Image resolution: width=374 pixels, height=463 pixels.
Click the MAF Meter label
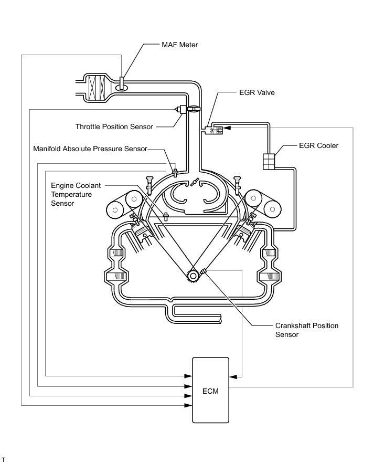(x=179, y=45)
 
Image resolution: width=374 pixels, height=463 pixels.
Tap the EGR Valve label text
(x=257, y=92)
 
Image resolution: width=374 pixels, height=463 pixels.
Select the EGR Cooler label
(x=318, y=145)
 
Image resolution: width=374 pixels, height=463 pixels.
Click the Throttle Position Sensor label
(x=114, y=127)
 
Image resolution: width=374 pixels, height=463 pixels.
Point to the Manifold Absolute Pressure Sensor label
(x=90, y=149)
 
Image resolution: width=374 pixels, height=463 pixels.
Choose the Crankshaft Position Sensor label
(x=307, y=330)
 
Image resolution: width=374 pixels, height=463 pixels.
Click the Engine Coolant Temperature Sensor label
(x=76, y=194)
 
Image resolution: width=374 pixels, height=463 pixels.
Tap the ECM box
(x=210, y=390)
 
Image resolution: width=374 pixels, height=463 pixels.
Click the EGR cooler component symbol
(x=269, y=162)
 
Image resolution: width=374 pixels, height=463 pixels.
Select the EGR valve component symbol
(x=215, y=130)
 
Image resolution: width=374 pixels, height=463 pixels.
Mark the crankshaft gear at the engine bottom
(x=193, y=276)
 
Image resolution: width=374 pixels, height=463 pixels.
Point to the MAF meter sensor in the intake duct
(x=122, y=85)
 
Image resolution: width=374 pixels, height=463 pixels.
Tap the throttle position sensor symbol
(x=180, y=109)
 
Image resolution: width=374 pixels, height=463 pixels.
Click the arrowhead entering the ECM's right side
(x=233, y=377)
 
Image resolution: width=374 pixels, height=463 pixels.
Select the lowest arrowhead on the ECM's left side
(x=188, y=405)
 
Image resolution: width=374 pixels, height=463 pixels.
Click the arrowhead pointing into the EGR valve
(x=227, y=128)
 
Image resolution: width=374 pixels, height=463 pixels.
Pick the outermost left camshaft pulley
(x=115, y=210)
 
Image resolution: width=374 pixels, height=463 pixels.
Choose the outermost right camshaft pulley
(x=273, y=209)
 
